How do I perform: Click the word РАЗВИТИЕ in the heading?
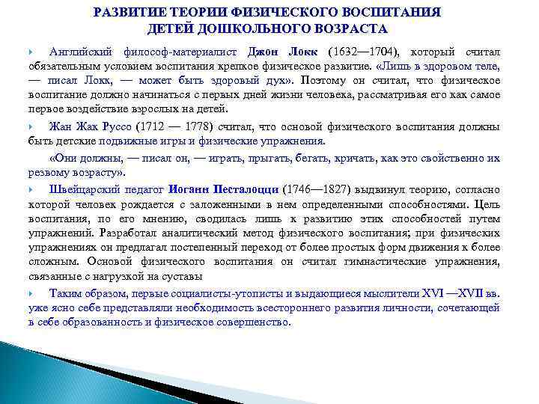[133, 13]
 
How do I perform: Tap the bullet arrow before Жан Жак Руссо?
[32, 126]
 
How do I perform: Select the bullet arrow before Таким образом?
[32, 295]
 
